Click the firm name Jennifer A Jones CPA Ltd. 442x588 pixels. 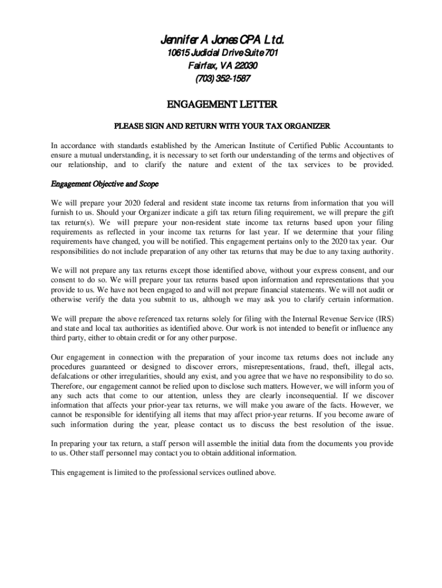coord(222,41)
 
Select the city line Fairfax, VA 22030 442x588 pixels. coord(222,66)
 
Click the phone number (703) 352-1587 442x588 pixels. coord(222,79)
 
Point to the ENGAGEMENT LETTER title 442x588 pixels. coord(222,105)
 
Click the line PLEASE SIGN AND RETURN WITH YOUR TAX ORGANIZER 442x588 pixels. coord(222,126)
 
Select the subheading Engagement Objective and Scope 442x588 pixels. coord(104,184)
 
